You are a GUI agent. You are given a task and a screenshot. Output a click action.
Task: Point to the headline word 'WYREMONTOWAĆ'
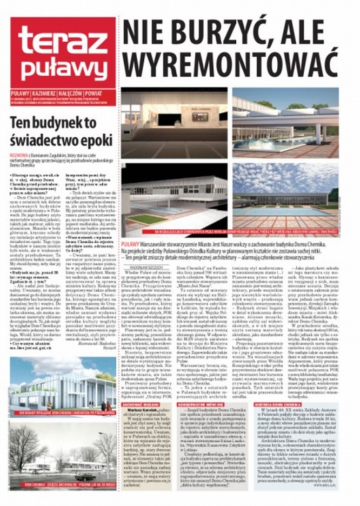point(230,64)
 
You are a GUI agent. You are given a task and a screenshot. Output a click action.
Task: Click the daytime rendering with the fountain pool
point(285,122)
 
